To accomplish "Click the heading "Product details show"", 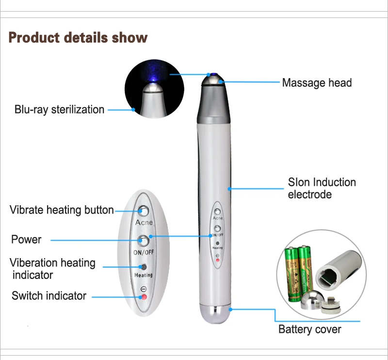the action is pyautogui.click(x=78, y=37).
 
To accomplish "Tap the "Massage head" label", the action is pyautogui.click(x=317, y=83).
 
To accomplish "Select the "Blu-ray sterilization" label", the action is pyautogui.click(x=59, y=110).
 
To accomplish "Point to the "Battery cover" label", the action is pyautogui.click(x=309, y=330).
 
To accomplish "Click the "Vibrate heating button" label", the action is pyautogui.click(x=62, y=210).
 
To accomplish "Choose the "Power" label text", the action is pyautogui.click(x=26, y=239).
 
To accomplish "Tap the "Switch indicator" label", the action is pyautogui.click(x=49, y=295).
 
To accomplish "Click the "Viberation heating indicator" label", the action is pyautogui.click(x=52, y=269).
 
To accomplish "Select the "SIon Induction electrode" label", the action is pyautogui.click(x=322, y=188).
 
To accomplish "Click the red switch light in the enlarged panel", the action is pyautogui.click(x=144, y=297).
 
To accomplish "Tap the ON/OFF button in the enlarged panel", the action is pyautogui.click(x=144, y=240).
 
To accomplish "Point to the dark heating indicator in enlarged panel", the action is pyautogui.click(x=144, y=267).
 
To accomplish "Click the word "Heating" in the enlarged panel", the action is pyautogui.click(x=143, y=275).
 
